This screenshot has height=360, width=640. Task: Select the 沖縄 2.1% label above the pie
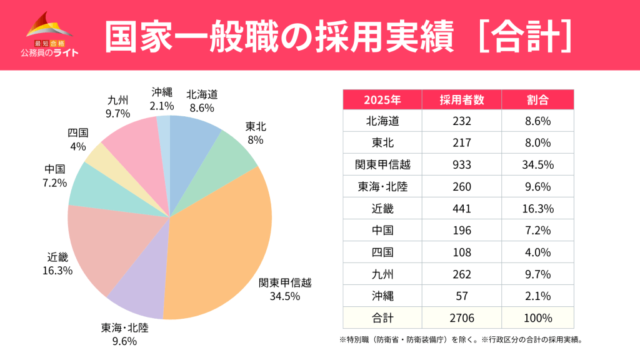(162, 99)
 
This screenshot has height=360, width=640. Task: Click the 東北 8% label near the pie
(255, 133)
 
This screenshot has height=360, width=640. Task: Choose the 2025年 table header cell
(382, 100)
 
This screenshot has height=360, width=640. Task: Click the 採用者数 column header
(461, 100)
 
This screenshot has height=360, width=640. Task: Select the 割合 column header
(537, 100)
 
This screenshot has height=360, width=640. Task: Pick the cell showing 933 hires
(461, 164)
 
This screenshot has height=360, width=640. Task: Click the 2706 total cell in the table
(461, 317)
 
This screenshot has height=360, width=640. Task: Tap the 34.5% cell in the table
(537, 164)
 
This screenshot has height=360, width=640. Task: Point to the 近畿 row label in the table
(382, 208)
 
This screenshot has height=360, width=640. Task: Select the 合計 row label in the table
(382, 317)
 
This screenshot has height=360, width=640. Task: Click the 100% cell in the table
(537, 317)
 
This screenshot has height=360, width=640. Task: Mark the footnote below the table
(460, 340)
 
